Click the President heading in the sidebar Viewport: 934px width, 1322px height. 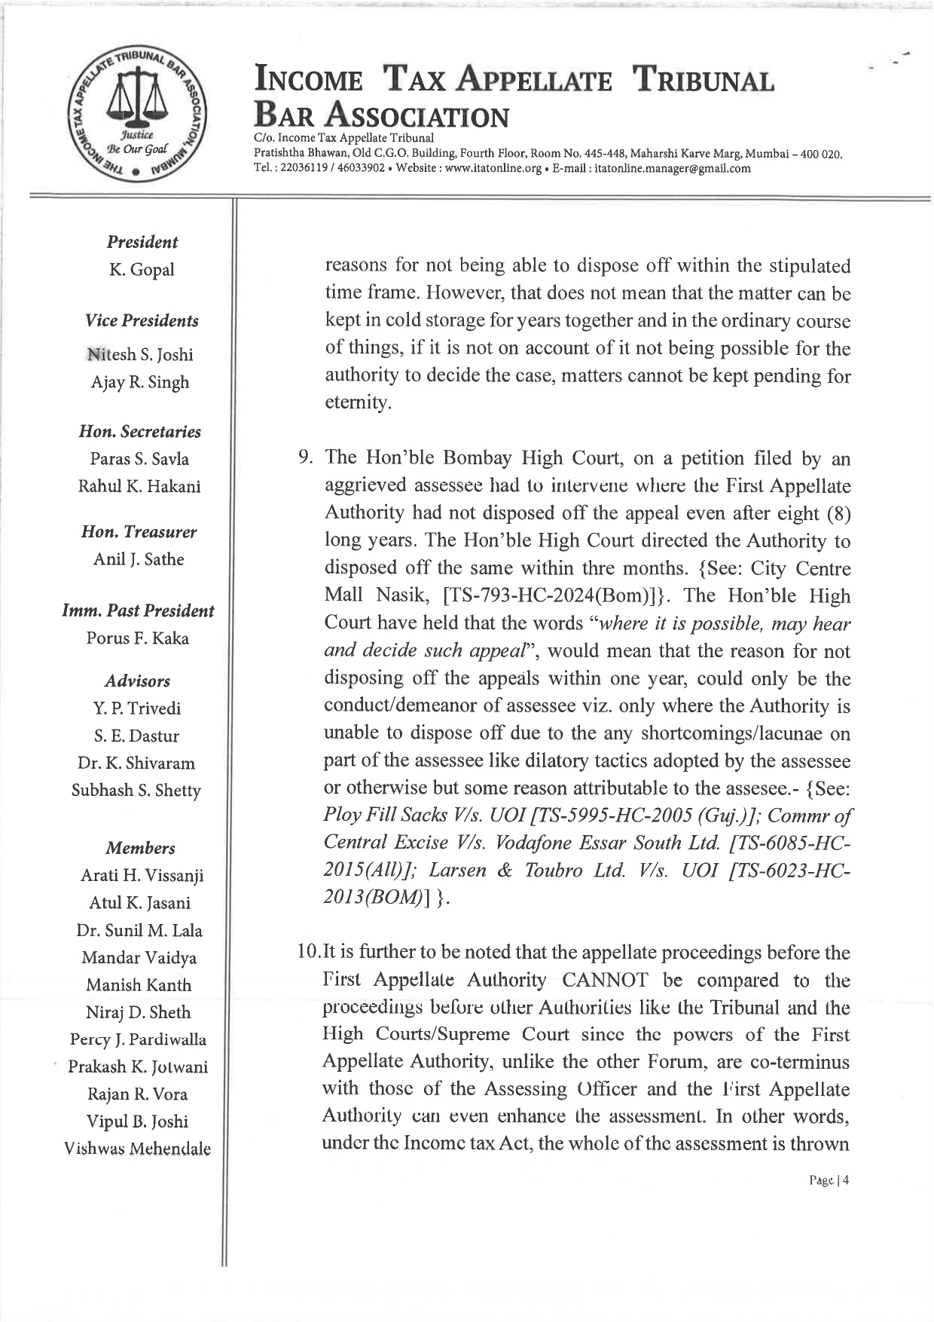click(142, 242)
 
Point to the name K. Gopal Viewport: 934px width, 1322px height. click(142, 269)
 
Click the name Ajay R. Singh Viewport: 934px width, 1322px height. click(140, 382)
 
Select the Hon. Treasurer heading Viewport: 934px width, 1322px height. click(139, 532)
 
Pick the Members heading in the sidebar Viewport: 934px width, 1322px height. click(140, 848)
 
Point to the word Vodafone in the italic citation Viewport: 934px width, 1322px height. click(539, 843)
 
